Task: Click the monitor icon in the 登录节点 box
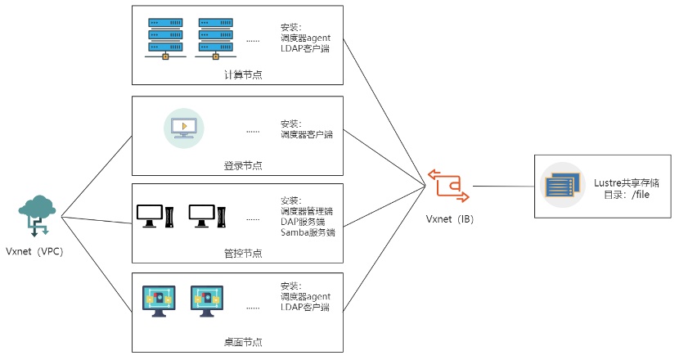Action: pyautogui.click(x=184, y=128)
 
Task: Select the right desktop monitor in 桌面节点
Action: pyautogui.click(x=207, y=300)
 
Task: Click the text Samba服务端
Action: pyautogui.click(x=308, y=232)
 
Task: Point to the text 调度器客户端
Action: pyautogui.click(x=307, y=134)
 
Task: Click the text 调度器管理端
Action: pyautogui.click(x=307, y=211)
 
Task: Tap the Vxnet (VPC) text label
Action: pyautogui.click(x=34, y=251)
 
